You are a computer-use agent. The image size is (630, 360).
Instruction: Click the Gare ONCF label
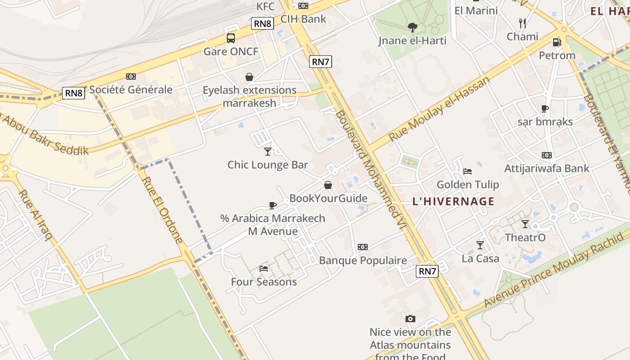(231, 51)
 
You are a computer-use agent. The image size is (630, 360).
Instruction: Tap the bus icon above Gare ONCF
(231, 38)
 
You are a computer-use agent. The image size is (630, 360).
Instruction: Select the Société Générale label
(131, 90)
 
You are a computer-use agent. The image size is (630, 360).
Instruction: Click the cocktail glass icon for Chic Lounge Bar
(268, 151)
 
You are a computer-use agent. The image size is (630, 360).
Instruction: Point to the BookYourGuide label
(328, 198)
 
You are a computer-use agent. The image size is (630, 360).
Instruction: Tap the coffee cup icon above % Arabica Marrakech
(272, 205)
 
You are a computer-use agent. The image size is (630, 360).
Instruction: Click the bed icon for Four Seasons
(264, 269)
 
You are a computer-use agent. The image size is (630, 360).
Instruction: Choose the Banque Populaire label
(363, 261)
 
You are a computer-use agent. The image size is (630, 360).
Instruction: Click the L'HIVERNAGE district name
(453, 202)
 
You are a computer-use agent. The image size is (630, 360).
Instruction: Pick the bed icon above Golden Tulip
(468, 171)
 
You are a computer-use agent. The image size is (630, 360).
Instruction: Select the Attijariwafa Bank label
(547, 168)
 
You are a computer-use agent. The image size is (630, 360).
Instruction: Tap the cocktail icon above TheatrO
(525, 224)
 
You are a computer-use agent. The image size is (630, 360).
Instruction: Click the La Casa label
(480, 258)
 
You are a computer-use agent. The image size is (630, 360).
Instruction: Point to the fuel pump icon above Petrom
(557, 42)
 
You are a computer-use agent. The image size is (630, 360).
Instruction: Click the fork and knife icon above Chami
(522, 23)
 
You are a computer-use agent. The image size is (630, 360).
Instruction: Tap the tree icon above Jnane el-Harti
(412, 27)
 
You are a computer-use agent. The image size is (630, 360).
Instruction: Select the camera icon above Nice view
(410, 319)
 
